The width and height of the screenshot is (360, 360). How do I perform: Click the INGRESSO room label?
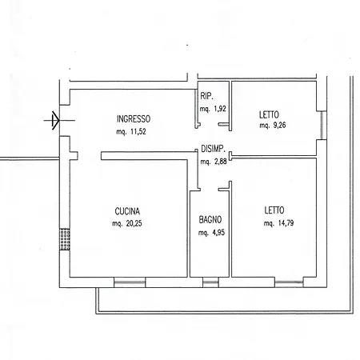[134, 117]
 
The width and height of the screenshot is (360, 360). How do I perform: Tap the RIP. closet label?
[207, 96]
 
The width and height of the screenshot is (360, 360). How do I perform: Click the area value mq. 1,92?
[212, 107]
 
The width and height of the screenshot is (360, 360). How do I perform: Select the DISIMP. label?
[217, 150]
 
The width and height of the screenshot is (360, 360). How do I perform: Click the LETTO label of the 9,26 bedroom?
[268, 114]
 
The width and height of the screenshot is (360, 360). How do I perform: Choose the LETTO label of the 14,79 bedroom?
[275, 211]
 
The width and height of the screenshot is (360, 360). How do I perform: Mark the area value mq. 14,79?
[280, 224]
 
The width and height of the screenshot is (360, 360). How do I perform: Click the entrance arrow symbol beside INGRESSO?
[54, 121]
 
